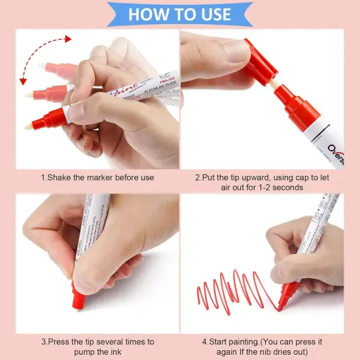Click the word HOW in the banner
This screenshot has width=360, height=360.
[x=147, y=14]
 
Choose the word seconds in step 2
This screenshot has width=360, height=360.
[x=289, y=187]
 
